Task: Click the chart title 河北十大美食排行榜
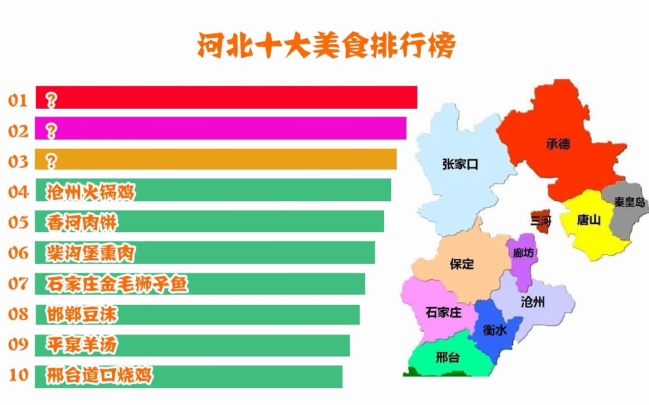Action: [326, 46]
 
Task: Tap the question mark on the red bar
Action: [51, 100]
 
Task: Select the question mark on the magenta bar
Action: [51, 131]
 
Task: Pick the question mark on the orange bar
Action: [51, 161]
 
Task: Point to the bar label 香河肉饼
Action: [82, 223]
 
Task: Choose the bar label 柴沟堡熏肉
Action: [90, 253]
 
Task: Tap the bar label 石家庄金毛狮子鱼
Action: [117, 284]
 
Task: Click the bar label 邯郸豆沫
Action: [82, 314]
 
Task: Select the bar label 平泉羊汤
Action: [82, 345]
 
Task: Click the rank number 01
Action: [18, 100]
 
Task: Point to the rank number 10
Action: [18, 375]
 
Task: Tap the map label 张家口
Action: [460, 164]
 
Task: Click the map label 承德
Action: [558, 144]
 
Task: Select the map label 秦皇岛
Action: [629, 202]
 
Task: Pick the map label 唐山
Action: [589, 220]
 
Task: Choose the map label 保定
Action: [462, 264]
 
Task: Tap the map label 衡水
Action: [495, 330]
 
